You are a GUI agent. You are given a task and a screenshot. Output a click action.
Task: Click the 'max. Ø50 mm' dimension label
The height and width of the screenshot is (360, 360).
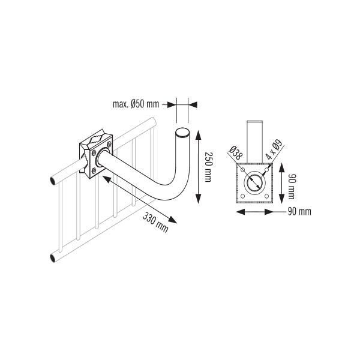pos(136,104)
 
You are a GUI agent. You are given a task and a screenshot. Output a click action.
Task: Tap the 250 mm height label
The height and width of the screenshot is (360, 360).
pos(208,167)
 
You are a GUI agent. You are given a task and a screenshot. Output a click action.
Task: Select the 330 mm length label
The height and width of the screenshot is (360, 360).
pos(155,222)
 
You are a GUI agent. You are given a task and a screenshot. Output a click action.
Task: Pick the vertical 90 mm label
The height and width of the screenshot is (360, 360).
pos(292,186)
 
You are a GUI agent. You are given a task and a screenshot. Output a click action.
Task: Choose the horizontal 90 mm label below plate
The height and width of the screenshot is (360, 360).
pos(299,212)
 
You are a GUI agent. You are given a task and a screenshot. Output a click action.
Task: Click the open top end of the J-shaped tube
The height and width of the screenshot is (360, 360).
pos(183,133)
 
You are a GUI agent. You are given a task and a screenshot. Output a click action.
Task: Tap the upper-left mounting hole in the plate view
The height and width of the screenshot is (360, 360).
pos(242,170)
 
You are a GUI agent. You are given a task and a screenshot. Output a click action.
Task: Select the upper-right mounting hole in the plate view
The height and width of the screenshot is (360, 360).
pos(266,170)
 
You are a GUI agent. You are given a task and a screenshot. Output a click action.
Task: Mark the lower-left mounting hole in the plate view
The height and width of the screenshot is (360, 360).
pos(242,196)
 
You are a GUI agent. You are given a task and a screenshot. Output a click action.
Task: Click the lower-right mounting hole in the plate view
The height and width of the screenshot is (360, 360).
pos(266,196)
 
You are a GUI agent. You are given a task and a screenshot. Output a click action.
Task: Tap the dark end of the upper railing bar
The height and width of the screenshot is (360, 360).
pos(53,181)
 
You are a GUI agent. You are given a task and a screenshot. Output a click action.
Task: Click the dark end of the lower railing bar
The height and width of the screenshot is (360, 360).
pos(53,257)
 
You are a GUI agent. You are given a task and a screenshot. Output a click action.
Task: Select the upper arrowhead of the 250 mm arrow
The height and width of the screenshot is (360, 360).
pos(198,134)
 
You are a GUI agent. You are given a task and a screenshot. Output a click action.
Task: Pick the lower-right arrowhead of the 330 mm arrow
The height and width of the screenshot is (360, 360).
pos(172,220)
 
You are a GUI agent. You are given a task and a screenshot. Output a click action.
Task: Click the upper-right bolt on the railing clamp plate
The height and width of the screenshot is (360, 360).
pos(109,145)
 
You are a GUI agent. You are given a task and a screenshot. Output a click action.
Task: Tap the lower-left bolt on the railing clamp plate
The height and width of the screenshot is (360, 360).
pos(94,170)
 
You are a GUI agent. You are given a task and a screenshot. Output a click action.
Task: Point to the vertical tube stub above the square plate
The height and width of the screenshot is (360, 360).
pos(254,142)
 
